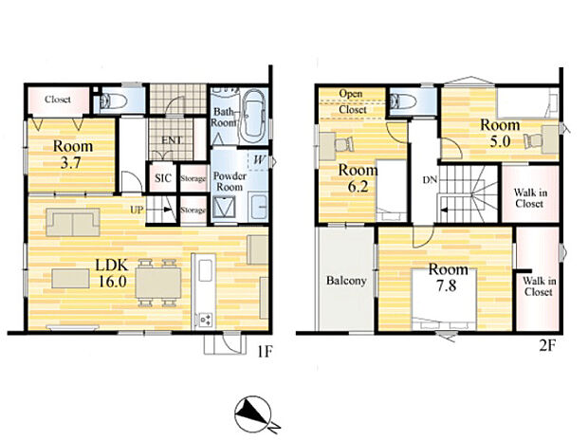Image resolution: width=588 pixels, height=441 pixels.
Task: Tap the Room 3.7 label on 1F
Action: [72, 154]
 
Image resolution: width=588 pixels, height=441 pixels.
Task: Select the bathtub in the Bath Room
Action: [253, 119]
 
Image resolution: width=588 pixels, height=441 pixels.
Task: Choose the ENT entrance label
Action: [172, 141]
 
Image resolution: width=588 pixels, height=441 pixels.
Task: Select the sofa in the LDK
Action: [72, 222]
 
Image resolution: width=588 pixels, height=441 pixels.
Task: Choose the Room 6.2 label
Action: [356, 177]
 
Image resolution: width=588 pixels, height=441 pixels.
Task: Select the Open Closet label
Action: [352, 99]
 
